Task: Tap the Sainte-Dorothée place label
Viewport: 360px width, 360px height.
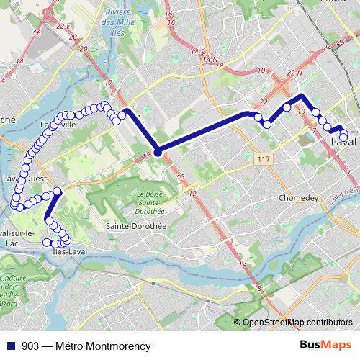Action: point(136,225)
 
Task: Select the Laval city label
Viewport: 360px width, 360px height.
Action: point(345,143)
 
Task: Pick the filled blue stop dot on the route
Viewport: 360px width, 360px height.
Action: point(157,151)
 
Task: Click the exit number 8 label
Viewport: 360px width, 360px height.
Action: point(258,289)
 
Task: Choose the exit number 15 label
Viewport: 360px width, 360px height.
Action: point(180,177)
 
